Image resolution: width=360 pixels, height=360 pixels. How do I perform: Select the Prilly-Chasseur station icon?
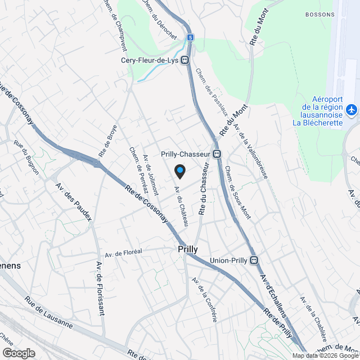(x=217, y=154)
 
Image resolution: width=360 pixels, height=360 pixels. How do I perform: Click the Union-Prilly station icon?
(x=254, y=260)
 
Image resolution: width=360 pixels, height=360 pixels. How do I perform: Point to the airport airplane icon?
(x=352, y=110)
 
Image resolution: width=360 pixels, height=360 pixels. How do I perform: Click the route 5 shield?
(x=191, y=37)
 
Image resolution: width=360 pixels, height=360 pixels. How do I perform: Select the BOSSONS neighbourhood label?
(x=320, y=14)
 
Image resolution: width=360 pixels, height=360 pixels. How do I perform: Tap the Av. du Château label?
(x=181, y=206)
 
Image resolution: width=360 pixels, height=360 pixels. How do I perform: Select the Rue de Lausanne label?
(x=48, y=318)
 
